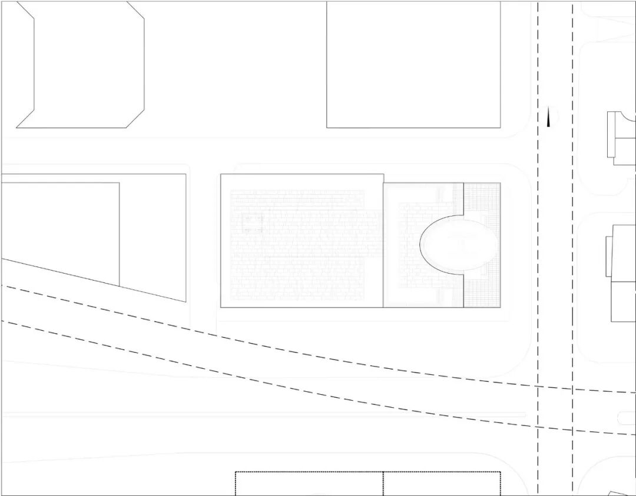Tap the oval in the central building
click(x=458, y=242)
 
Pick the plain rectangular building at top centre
click(x=413, y=64)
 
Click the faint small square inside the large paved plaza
click(x=253, y=223)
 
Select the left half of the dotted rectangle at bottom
click(x=309, y=484)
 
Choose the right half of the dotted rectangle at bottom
click(x=442, y=484)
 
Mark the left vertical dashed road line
click(x=538, y=247)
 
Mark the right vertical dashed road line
click(x=572, y=247)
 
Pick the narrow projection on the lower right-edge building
click(x=609, y=256)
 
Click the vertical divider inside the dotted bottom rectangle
click(x=383, y=484)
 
